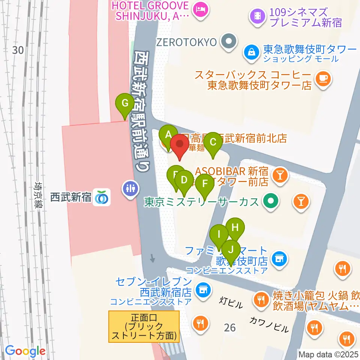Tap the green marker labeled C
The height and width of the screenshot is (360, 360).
(x=213, y=142)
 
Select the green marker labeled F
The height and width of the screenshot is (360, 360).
(x=205, y=184)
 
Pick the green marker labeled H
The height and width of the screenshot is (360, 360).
(x=235, y=228)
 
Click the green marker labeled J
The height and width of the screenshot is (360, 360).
(x=231, y=249)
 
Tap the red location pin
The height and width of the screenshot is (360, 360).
(x=180, y=145)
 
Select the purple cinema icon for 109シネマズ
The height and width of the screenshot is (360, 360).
(x=257, y=16)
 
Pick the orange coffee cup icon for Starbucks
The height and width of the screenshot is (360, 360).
(x=322, y=79)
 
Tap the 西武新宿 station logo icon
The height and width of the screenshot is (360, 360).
(x=102, y=197)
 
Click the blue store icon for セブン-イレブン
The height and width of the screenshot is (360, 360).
(x=203, y=289)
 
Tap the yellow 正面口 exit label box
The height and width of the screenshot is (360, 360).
(x=144, y=326)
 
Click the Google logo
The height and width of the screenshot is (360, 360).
(x=25, y=351)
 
